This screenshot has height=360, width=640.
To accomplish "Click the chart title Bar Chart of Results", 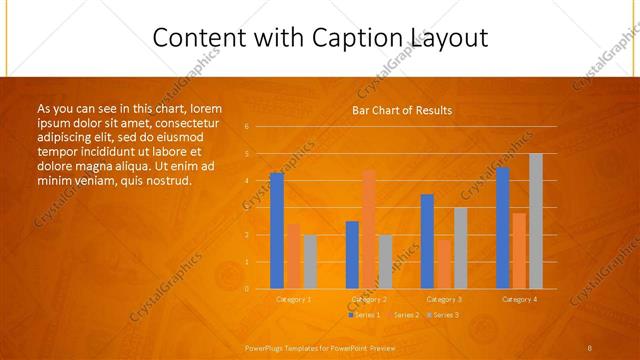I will tap(401, 110).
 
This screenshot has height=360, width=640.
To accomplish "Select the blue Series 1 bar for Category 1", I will tap(277, 230).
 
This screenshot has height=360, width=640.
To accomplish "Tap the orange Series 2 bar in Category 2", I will tap(369, 229).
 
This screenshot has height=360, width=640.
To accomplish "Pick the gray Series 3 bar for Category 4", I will tap(536, 221).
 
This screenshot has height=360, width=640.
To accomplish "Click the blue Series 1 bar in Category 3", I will tap(427, 241).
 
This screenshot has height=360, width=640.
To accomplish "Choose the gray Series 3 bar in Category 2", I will tap(385, 261).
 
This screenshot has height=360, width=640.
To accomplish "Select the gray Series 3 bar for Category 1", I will tap(310, 261).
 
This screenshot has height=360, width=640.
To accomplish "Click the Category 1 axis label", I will tap(293, 299).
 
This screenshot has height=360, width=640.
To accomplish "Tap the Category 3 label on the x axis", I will tap(443, 299).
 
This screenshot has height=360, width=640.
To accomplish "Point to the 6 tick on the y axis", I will tap(246, 127).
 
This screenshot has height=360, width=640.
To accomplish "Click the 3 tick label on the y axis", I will tap(246, 208).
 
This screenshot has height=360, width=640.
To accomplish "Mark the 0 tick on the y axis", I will tap(246, 289).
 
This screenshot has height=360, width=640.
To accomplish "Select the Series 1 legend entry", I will tap(365, 314).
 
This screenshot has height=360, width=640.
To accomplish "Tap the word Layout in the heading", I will tap(448, 38).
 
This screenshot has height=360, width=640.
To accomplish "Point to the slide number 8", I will tap(589, 347).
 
